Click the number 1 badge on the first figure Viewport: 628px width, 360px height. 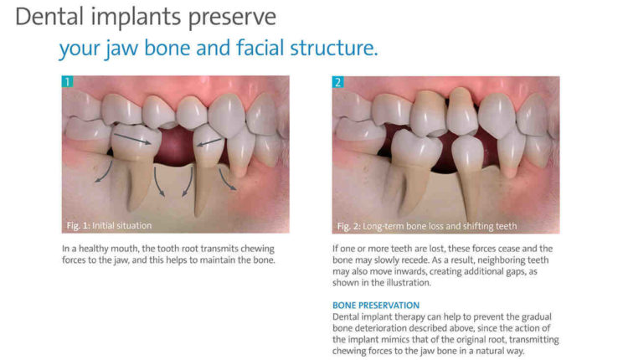pyautogui.click(x=67, y=82)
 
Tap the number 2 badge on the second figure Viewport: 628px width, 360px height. pyautogui.click(x=337, y=82)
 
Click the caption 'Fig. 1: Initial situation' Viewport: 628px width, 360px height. pyautogui.click(x=106, y=226)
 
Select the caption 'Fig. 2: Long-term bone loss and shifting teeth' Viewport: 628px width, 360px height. pyautogui.click(x=426, y=226)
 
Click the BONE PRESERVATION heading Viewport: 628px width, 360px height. pyautogui.click(x=376, y=306)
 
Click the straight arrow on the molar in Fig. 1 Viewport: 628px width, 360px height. pyautogui.click(x=132, y=137)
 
